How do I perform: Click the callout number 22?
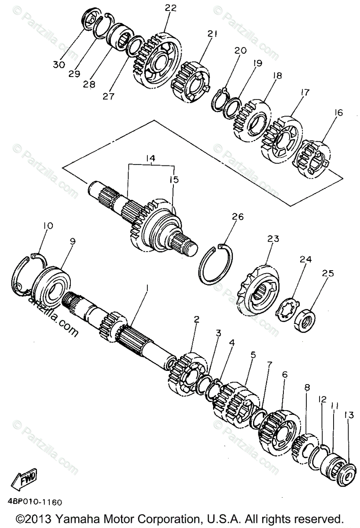[x=158, y=7]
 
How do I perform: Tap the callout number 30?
[x=59, y=65]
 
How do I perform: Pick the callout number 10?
[x=48, y=226]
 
